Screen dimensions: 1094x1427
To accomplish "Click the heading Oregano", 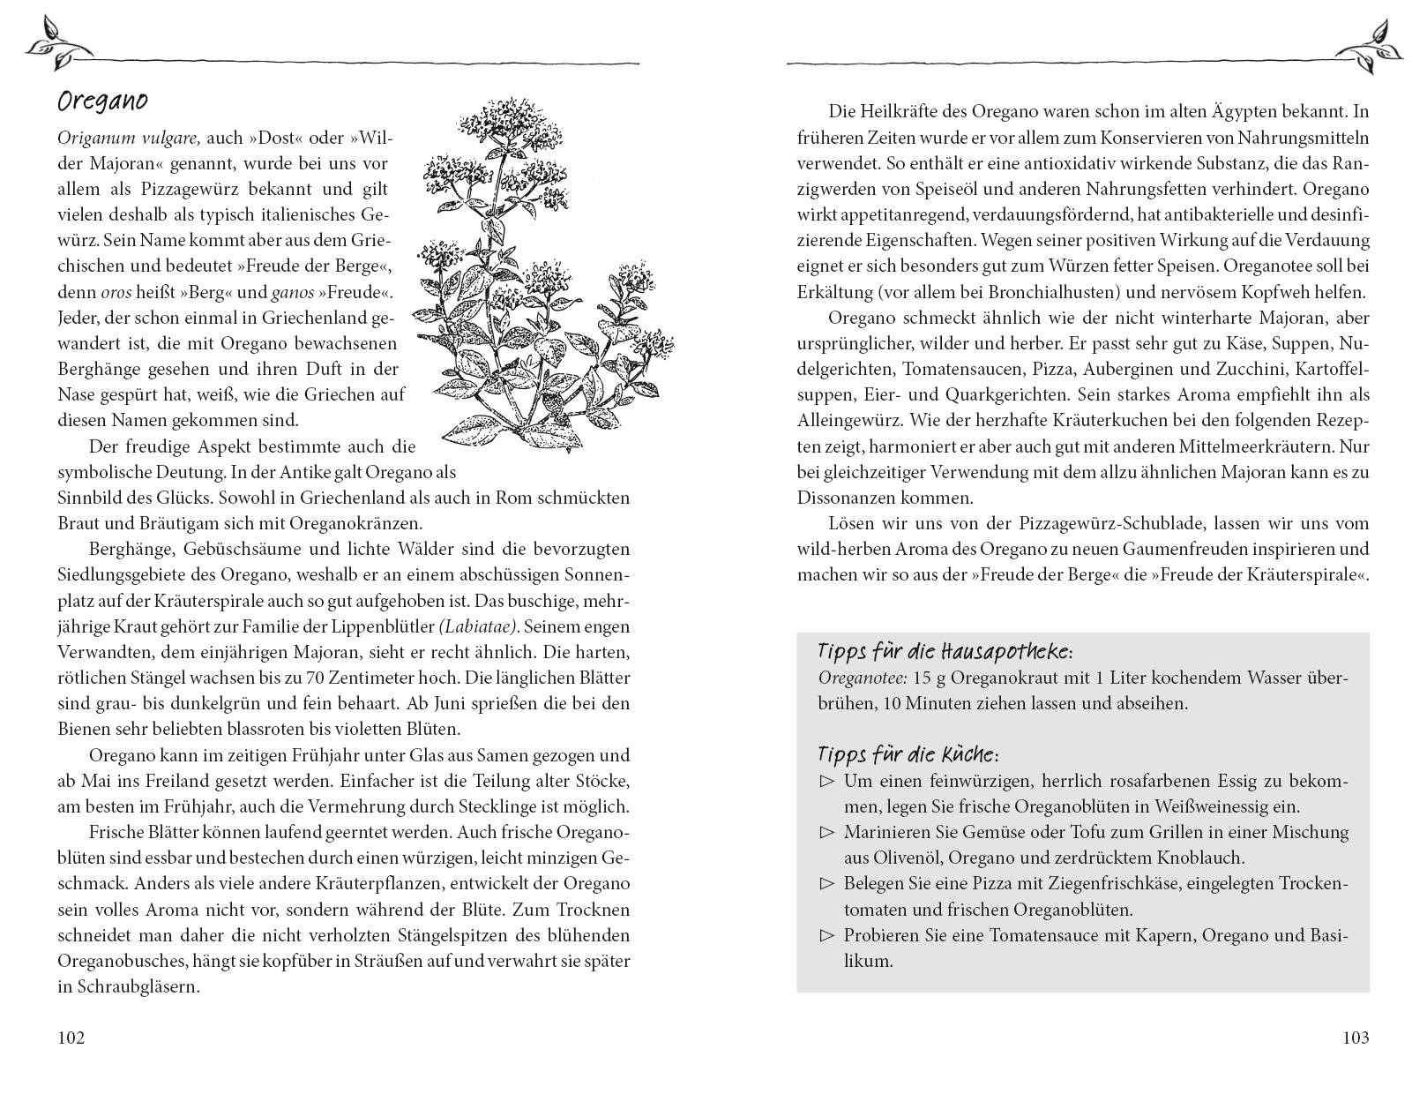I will point(102,101).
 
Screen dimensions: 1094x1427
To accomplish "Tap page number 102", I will point(71,1038).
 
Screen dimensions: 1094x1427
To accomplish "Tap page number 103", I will point(1356,1038).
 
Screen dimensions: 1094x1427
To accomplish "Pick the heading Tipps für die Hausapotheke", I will point(945,652).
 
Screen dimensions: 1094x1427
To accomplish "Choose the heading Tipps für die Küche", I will point(908,755).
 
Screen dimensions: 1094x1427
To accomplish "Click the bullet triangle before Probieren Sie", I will point(826,936).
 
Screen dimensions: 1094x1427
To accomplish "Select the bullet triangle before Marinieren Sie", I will point(826,832).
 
